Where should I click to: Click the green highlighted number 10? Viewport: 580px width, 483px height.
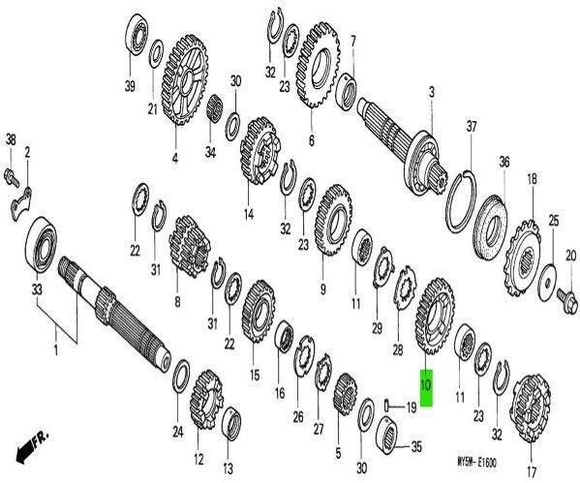425,383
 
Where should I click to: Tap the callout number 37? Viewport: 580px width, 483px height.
472,128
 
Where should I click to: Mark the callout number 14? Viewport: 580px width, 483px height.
249,216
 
